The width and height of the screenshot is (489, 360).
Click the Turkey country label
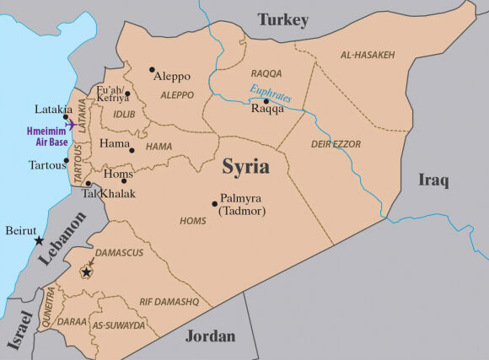point(283,19)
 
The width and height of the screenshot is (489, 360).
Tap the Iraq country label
point(433,180)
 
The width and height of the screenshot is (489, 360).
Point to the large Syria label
point(245,166)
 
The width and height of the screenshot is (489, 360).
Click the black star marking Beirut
point(39,241)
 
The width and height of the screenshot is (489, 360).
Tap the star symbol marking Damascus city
point(86,272)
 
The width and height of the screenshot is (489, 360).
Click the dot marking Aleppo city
point(152,70)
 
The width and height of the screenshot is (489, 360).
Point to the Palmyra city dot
point(214,202)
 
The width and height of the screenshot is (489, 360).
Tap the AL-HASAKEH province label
point(368,55)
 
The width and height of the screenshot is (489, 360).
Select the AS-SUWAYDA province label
point(119,325)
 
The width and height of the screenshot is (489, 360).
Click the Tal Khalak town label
point(108,193)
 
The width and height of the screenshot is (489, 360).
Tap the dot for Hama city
point(132,150)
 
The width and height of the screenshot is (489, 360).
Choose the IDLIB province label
point(124,113)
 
